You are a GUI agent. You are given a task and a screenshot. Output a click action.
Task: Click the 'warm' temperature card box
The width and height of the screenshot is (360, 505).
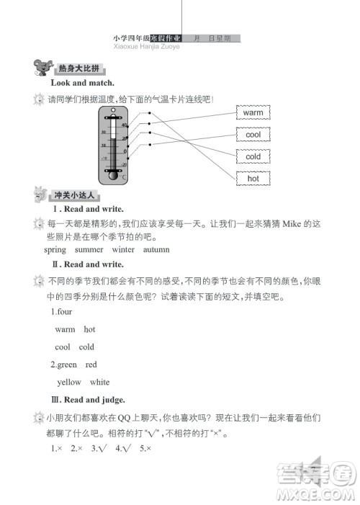coord(253,113)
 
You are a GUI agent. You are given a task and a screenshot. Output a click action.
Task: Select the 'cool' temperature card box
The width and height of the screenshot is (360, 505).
coord(253,135)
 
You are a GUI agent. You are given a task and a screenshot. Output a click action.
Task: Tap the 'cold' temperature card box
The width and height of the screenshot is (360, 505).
coord(253,156)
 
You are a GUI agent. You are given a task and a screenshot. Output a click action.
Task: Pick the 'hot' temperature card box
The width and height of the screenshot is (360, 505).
coord(253,178)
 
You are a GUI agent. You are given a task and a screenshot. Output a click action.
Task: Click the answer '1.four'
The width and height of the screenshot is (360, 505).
coord(61,311)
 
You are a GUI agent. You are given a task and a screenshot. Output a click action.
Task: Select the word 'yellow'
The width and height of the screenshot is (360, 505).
coord(69,382)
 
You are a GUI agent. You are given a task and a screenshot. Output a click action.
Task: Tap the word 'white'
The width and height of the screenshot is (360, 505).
coord(100,382)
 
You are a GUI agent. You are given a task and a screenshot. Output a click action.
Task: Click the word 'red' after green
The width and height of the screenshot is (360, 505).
coord(91,365)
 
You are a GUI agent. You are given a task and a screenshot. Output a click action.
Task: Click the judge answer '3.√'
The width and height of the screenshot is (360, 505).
coord(99,448)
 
